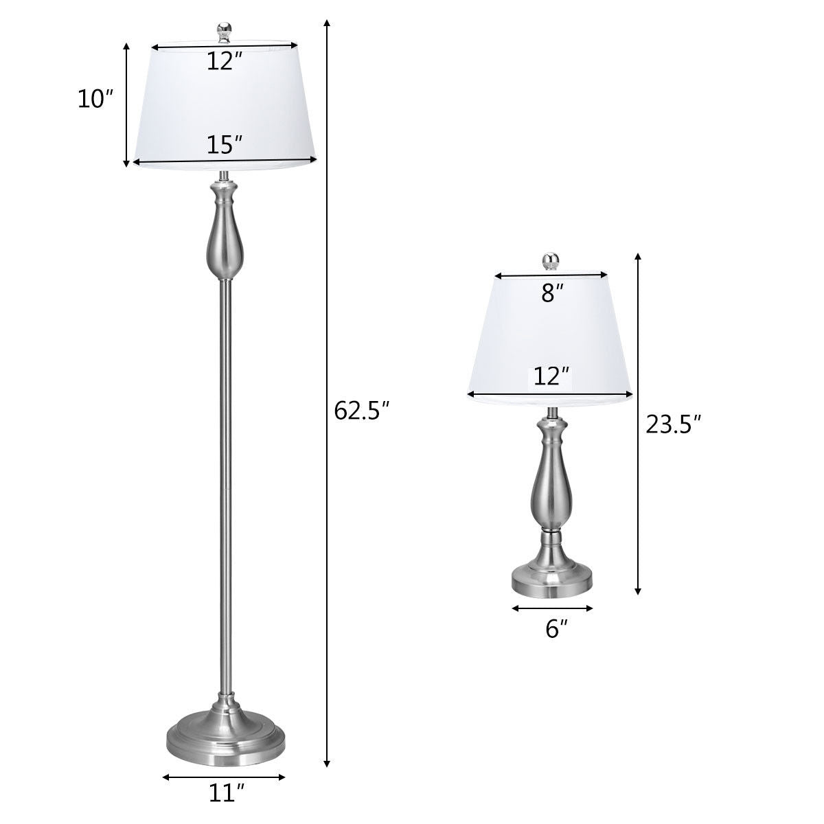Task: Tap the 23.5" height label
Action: [x=673, y=424]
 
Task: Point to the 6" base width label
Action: [x=553, y=629]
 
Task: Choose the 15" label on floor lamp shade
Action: [x=225, y=145]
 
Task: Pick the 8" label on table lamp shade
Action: [x=552, y=293]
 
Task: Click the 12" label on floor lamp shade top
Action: [x=225, y=62]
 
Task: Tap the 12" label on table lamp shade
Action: [x=551, y=376]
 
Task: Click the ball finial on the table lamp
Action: [x=551, y=261]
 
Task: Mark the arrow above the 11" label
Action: [x=225, y=778]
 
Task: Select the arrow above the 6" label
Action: [x=552, y=608]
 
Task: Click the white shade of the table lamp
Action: [x=551, y=336]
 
